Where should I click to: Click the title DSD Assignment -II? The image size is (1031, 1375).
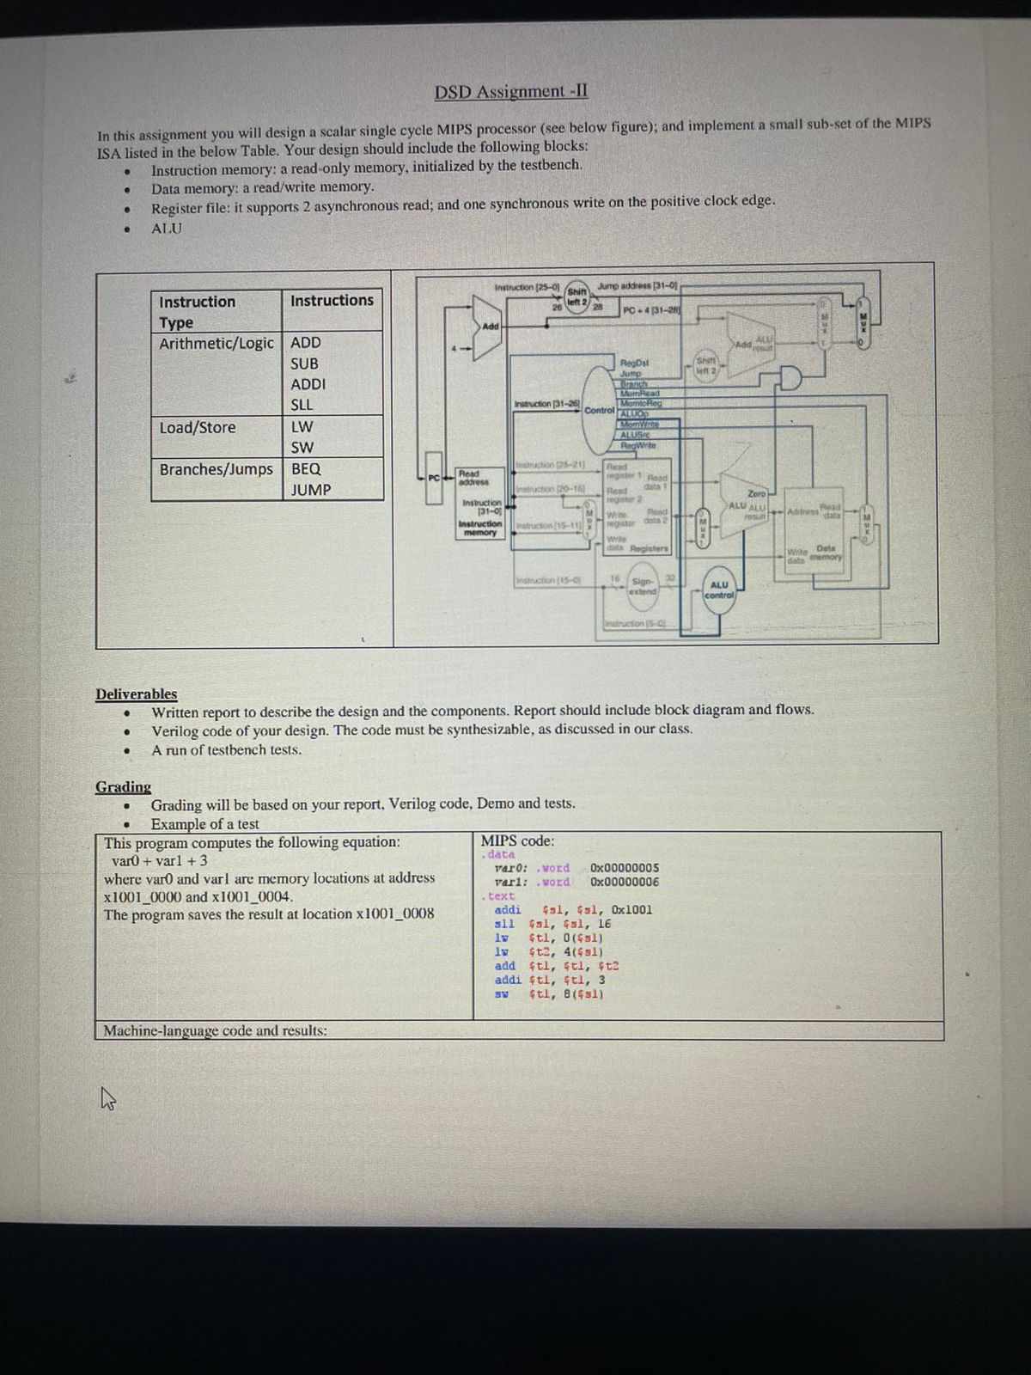[x=510, y=92]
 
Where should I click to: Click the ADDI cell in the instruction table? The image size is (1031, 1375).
[x=308, y=384]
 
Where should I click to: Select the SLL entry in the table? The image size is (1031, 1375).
[x=302, y=405]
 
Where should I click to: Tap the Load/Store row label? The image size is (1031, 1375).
[x=198, y=427]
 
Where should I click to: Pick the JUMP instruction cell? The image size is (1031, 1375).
[x=310, y=490]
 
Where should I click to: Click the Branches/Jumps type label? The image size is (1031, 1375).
[x=216, y=469]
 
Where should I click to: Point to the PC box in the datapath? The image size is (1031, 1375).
[x=434, y=478]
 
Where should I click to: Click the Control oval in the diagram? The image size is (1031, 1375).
[x=600, y=409]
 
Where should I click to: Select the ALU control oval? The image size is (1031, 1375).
[x=719, y=590]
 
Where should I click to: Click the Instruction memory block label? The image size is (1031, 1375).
[x=479, y=528]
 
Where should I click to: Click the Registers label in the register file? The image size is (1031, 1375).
[x=649, y=548]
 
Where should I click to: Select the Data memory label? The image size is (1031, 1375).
[x=826, y=553]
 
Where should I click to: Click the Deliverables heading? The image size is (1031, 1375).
[x=137, y=694]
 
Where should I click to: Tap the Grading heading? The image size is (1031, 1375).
[x=123, y=786]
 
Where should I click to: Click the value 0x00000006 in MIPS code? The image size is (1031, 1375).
[x=625, y=882]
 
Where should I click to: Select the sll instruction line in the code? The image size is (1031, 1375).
[x=553, y=924]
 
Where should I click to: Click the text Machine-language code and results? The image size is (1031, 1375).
[x=215, y=1030]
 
